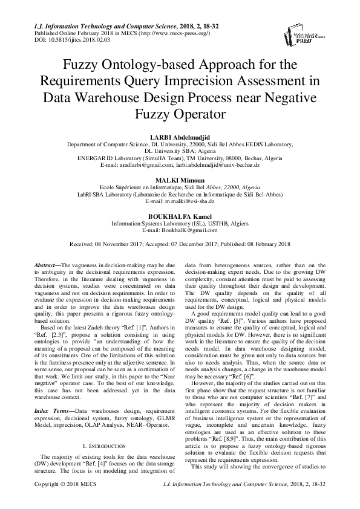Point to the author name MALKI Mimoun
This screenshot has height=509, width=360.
coord(180,181)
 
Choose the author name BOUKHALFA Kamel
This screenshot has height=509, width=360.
coord(180,216)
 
